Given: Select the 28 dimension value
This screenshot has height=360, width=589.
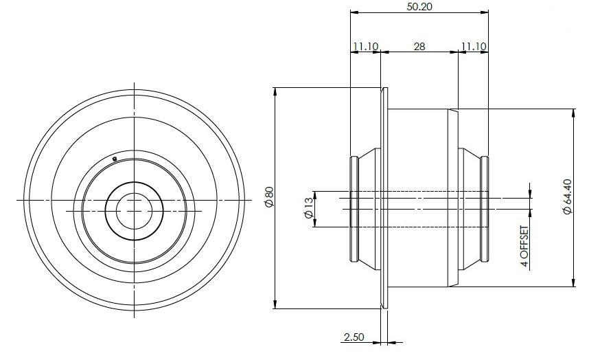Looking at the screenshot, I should (419, 46).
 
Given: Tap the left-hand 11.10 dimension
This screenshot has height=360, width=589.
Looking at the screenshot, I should (365, 46).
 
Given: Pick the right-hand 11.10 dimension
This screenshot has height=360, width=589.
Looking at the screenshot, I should (474, 46).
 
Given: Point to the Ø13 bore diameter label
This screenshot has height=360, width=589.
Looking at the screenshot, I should (308, 209).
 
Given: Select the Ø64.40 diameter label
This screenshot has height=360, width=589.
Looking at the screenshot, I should (567, 198).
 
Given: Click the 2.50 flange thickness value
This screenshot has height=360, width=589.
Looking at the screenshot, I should (354, 337).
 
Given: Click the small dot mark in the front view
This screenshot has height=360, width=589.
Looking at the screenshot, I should (115, 159).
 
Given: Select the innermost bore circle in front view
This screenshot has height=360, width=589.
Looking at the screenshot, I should (134, 210).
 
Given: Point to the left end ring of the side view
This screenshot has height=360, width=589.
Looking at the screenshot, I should (354, 209).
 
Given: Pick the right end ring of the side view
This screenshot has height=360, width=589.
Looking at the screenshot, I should (485, 209).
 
